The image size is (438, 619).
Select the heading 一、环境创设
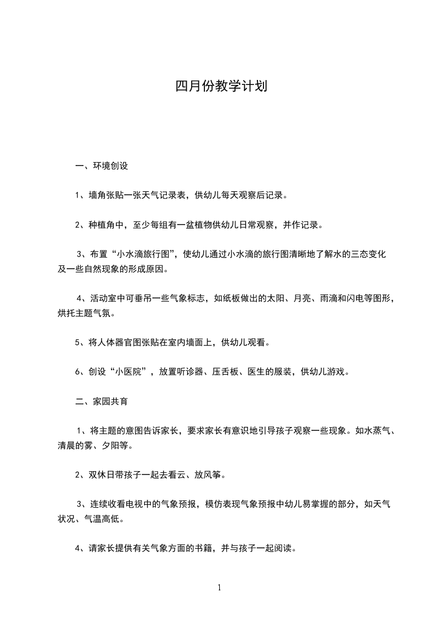(102, 165)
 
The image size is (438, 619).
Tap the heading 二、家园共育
(102, 402)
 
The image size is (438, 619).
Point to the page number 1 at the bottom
(219, 588)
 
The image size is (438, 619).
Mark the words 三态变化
(367, 254)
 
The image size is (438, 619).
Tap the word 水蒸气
(379, 431)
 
